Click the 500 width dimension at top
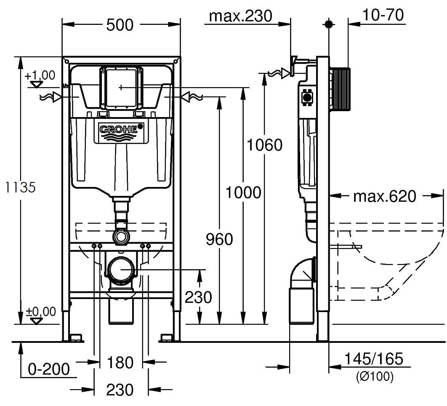[120, 25]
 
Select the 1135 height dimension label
[18, 187]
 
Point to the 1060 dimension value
[264, 145]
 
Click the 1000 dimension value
[243, 192]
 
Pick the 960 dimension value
[219, 239]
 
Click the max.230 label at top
[241, 16]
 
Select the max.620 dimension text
[384, 196]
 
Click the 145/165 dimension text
[374, 359]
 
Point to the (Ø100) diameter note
[374, 376]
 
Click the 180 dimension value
[121, 362]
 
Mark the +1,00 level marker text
[40, 75]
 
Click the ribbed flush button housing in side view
[339, 88]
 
